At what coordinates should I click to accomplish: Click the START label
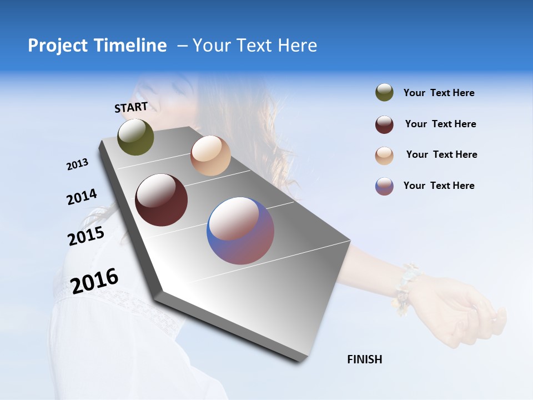pyautogui.click(x=131, y=107)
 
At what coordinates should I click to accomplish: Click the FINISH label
pyautogui.click(x=364, y=359)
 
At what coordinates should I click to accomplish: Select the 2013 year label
pyautogui.click(x=77, y=164)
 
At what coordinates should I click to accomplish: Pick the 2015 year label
pyautogui.click(x=86, y=236)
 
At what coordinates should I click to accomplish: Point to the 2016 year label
pyautogui.click(x=94, y=281)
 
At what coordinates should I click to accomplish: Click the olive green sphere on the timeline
pyautogui.click(x=135, y=137)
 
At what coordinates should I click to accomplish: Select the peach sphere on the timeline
pyautogui.click(x=210, y=156)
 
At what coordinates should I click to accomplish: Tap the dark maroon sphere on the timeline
pyautogui.click(x=161, y=200)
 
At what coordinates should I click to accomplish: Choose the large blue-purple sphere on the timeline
pyautogui.click(x=240, y=231)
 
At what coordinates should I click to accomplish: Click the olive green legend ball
pyautogui.click(x=384, y=93)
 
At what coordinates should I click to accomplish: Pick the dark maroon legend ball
pyautogui.click(x=384, y=124)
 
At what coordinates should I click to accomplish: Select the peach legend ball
pyautogui.click(x=384, y=156)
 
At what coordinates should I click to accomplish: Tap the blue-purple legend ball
pyautogui.click(x=384, y=186)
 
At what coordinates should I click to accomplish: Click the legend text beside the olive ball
pyautogui.click(x=439, y=93)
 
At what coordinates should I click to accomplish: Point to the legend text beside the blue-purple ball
pyautogui.click(x=439, y=186)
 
